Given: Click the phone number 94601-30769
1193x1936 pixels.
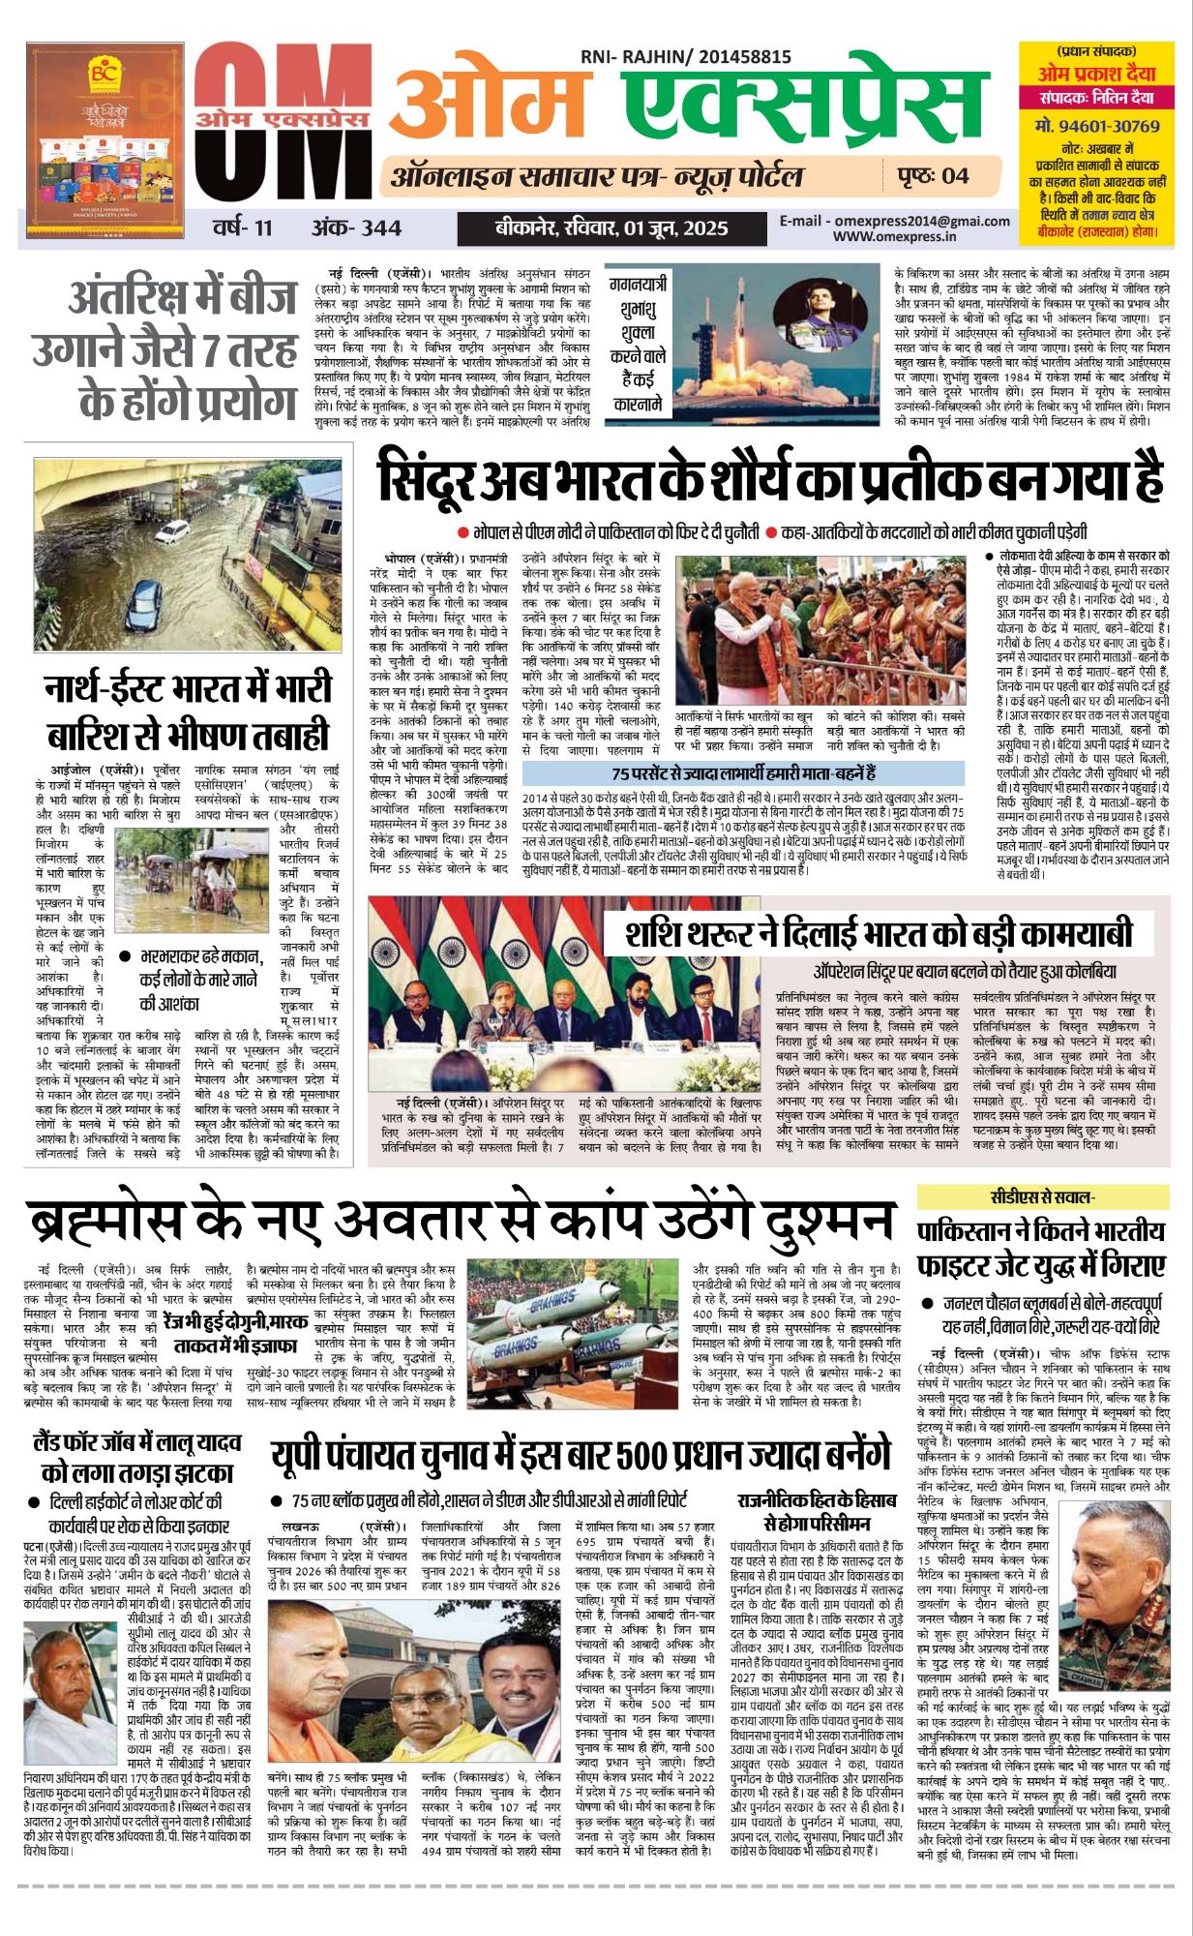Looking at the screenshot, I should [1097, 126].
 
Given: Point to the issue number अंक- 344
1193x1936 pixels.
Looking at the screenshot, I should [356, 228].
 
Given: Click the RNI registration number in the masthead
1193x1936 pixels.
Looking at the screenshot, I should [686, 58].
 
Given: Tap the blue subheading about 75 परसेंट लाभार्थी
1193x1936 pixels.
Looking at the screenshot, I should [742, 773].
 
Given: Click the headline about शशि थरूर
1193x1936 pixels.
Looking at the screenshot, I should [879, 935].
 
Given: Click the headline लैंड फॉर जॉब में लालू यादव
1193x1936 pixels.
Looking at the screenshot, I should [137, 1457].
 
